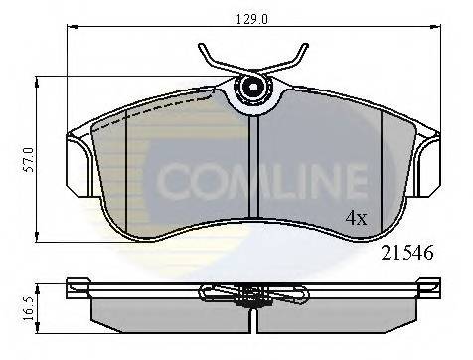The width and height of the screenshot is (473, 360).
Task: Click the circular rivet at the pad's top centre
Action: click(253, 89)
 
